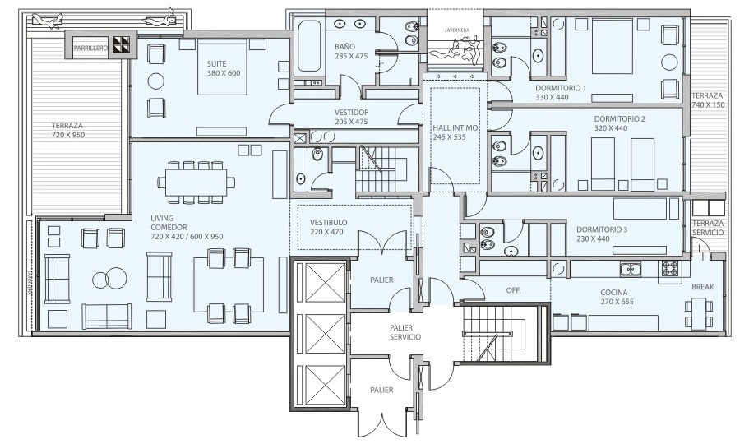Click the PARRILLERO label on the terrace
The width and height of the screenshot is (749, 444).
click(90, 49)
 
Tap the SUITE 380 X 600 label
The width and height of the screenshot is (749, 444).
click(224, 68)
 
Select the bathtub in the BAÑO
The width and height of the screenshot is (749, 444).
click(308, 46)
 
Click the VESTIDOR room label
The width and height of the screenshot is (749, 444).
click(351, 117)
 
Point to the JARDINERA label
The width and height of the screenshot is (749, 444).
click(456, 30)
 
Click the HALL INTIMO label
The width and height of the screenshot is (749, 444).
click(455, 132)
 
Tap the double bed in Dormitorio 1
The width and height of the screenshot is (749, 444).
click(613, 46)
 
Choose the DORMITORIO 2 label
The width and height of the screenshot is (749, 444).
click(620, 123)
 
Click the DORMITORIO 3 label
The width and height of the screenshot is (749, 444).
click(602, 234)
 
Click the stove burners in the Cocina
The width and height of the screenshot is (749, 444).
click(672, 269)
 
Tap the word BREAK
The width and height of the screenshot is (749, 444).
click(703, 287)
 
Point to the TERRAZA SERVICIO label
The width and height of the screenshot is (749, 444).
click(708, 228)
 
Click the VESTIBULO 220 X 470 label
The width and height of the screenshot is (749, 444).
click(328, 227)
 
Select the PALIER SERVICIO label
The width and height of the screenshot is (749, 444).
click(405, 332)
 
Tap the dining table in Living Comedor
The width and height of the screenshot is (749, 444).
click(196, 182)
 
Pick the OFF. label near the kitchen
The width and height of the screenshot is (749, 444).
click(513, 290)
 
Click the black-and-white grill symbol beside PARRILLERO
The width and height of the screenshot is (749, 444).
click(122, 45)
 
